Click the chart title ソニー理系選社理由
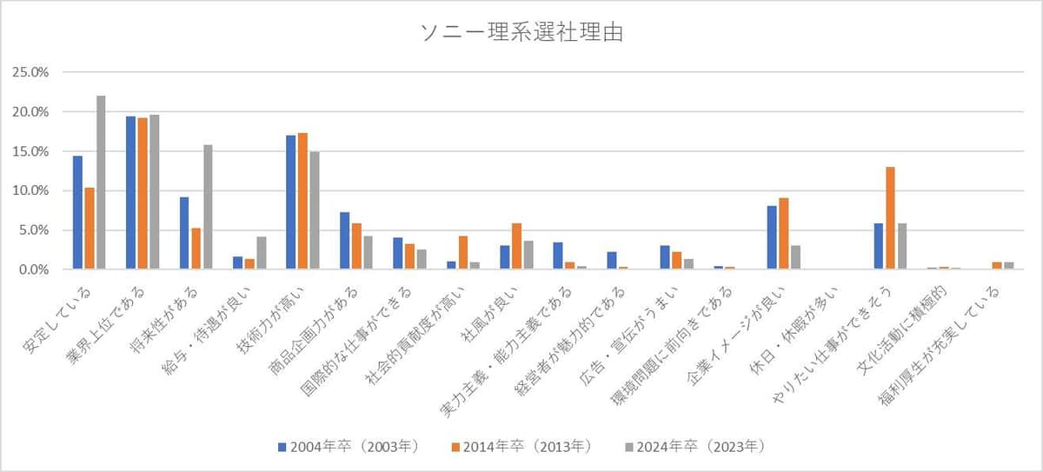521,33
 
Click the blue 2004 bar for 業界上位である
130,193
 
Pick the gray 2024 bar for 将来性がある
208,207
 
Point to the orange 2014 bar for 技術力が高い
302,202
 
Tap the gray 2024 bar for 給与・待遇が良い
261,253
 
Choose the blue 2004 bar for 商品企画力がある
344,241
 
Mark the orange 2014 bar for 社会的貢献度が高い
462,253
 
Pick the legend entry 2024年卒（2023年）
694,447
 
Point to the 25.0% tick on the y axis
31,72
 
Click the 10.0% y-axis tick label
31,190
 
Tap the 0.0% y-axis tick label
35,269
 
